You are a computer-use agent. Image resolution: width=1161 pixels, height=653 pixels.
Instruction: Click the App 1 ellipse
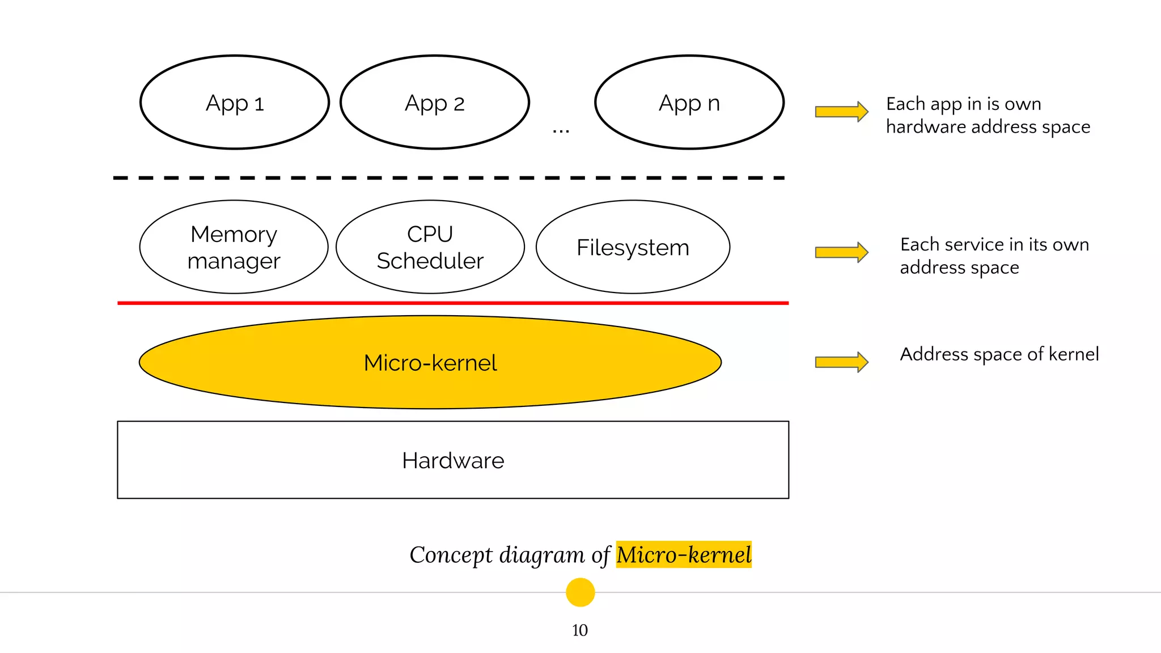[235, 103]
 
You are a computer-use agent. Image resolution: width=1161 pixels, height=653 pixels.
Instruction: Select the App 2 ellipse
[435, 103]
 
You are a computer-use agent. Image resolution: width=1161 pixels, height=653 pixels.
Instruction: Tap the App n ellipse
[689, 103]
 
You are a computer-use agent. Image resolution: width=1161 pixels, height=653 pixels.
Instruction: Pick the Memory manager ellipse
[234, 247]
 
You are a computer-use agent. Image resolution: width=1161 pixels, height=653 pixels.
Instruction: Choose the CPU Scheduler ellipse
[430, 247]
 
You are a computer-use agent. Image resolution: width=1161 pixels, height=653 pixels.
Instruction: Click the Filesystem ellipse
[633, 247]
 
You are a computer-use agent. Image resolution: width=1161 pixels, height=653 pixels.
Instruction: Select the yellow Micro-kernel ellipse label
[430, 363]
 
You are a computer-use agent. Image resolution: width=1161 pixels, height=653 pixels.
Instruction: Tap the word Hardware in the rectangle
[453, 460]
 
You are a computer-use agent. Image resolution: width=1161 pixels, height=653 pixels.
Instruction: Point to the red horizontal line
[453, 303]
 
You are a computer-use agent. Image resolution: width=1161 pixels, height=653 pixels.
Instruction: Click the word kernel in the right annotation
[1074, 354]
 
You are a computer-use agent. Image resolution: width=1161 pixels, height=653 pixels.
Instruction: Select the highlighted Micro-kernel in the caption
[684, 554]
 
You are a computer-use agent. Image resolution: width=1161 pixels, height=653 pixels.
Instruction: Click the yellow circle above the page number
[580, 592]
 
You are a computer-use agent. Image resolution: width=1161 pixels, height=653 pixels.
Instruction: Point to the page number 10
[580, 630]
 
